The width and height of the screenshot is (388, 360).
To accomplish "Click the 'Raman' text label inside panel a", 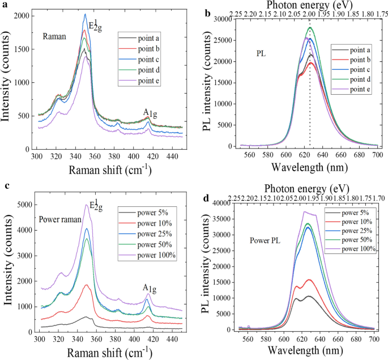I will (54, 36).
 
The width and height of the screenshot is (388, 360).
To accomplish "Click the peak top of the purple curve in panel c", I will (86, 205).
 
